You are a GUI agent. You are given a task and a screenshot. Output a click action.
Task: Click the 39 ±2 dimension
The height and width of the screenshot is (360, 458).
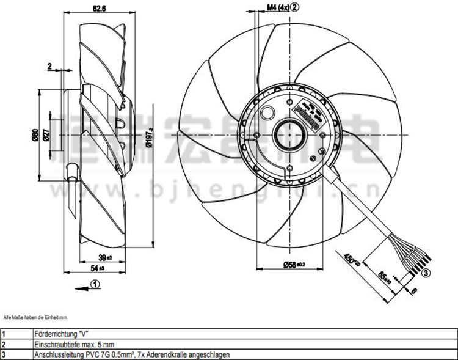point(106,257)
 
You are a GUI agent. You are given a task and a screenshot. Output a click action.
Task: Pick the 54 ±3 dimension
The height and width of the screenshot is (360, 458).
point(98,268)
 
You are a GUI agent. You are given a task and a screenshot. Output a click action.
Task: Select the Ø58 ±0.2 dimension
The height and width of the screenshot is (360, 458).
point(293,265)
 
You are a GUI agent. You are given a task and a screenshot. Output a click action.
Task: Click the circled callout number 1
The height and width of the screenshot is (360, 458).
point(96,282)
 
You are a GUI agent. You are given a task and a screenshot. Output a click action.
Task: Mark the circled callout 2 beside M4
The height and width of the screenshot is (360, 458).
point(295,7)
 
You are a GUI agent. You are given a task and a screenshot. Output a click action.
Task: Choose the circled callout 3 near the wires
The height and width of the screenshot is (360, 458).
point(426,273)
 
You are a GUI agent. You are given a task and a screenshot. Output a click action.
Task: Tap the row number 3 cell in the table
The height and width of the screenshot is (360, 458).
point(4,354)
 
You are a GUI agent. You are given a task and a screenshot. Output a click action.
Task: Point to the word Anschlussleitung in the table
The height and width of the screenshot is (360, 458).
point(55,354)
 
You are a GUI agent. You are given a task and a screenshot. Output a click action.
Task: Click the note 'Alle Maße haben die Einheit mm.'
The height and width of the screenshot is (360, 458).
point(36,318)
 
